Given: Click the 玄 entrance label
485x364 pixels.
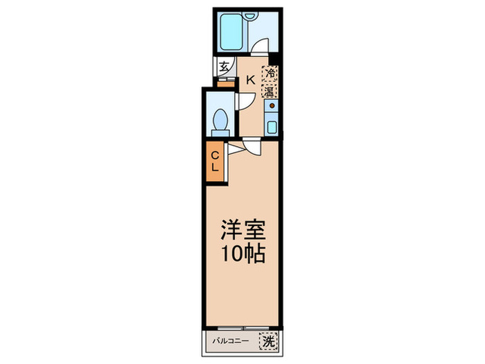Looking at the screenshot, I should [224, 67].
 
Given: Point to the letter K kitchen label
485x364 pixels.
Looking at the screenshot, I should [250, 80].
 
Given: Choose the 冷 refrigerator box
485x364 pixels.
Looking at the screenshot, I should [269, 72].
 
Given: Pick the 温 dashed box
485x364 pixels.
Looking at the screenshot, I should [269, 90].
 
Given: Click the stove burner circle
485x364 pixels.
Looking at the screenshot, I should [272, 107].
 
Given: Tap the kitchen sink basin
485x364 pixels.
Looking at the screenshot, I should [272, 127].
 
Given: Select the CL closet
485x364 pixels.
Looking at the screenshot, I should [215, 161].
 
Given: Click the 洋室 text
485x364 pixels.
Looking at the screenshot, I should [242, 229].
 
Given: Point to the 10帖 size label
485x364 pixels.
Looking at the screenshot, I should [242, 254].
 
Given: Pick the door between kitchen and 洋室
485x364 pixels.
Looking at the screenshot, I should [252, 144].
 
